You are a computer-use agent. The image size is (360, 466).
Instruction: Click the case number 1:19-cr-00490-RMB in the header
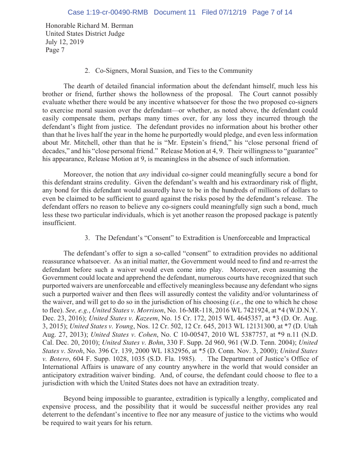click(x=108, y=12)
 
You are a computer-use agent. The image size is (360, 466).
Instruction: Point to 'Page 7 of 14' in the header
click(x=272, y=12)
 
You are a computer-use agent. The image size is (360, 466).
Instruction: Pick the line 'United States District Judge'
click(x=85, y=34)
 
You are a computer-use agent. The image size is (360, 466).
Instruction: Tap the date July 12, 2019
click(x=65, y=42)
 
